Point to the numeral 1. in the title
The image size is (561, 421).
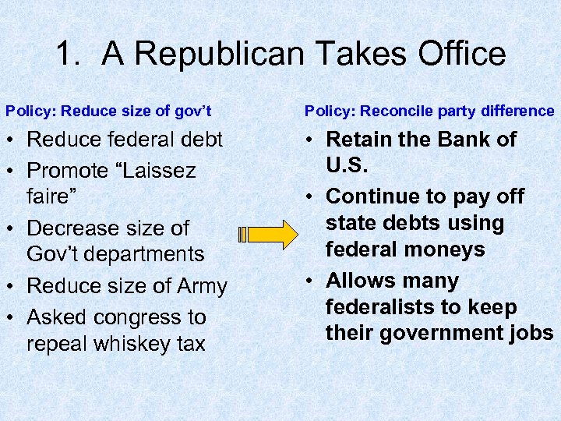[71, 54]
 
